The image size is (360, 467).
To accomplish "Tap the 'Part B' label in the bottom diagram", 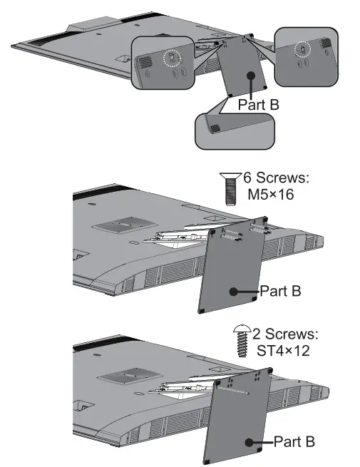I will [294, 441].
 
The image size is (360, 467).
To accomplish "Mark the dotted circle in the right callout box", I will [302, 51].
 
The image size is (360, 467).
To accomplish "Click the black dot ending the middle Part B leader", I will [235, 291].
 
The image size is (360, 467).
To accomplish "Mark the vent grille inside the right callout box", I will [325, 43].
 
